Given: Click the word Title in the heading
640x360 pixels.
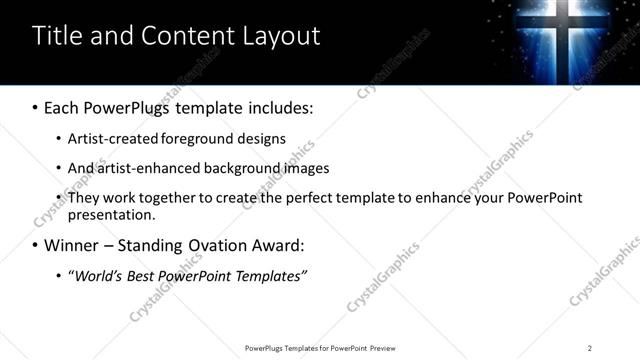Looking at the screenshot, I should pos(57,37).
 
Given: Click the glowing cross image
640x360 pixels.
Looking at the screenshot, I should pos(563,40).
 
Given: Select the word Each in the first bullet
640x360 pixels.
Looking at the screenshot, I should pos(63,107).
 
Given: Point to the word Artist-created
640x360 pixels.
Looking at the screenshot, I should pos(116,138).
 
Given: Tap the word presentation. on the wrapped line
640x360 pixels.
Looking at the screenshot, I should pos(112,214).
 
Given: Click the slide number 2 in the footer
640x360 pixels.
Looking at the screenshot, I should pos(589,348).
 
